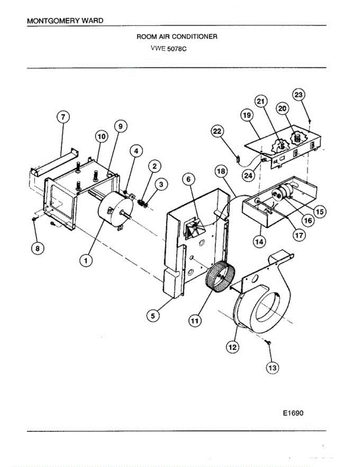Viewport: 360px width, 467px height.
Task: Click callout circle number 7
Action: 63,117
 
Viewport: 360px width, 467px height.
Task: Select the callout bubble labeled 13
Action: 272,367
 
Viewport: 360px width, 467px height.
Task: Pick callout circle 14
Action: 258,241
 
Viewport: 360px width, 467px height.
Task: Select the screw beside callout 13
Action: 269,342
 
